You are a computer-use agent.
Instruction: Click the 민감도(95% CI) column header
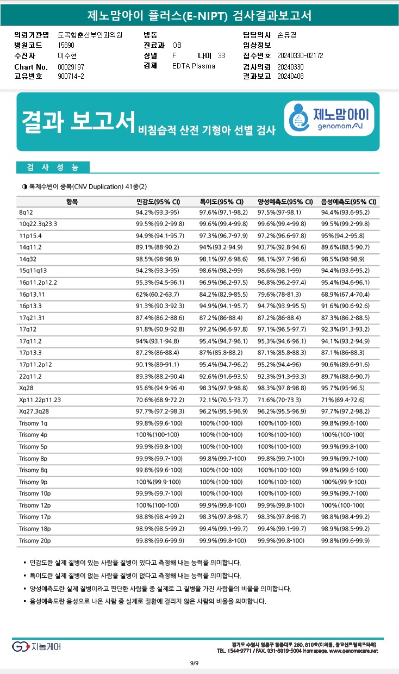coord(158,202)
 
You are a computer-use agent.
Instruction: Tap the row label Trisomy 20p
coord(34,540)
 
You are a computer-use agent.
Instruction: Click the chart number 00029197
coord(71,66)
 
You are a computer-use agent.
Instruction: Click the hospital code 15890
coord(66,45)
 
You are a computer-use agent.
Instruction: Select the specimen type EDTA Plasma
coord(194,66)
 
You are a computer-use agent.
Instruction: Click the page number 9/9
coord(195,663)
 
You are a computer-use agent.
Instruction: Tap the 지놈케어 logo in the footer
coord(36,646)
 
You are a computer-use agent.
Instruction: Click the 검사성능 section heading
coord(52,167)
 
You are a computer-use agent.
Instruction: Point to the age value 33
coord(221,55)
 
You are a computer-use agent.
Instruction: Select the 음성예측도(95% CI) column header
coord(348,202)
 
